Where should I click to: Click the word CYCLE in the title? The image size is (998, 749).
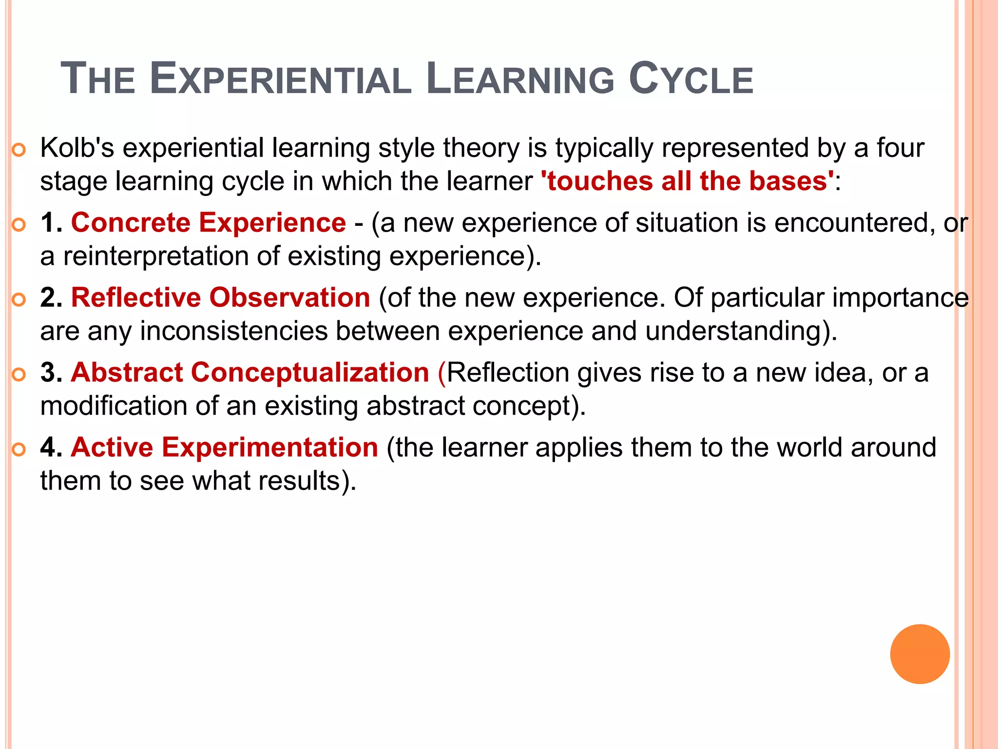[x=691, y=79]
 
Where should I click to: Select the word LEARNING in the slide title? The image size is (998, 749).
[x=520, y=79]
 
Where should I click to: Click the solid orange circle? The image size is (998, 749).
[x=920, y=654]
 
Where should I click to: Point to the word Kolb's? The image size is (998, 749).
[x=77, y=148]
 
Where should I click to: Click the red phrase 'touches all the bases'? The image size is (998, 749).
[x=688, y=181]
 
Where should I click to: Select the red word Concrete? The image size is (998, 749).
[x=131, y=223]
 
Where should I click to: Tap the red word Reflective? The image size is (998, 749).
[x=136, y=298]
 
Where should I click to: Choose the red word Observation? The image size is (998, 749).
[x=290, y=298]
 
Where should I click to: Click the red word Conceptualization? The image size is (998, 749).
[x=310, y=373]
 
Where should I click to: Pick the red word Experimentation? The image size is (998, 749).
[x=270, y=448]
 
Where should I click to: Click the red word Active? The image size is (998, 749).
[x=112, y=448]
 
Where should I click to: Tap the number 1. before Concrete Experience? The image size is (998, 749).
[x=51, y=223]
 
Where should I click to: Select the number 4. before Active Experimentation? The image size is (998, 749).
[x=51, y=448]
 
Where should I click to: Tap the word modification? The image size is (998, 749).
[x=114, y=406]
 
